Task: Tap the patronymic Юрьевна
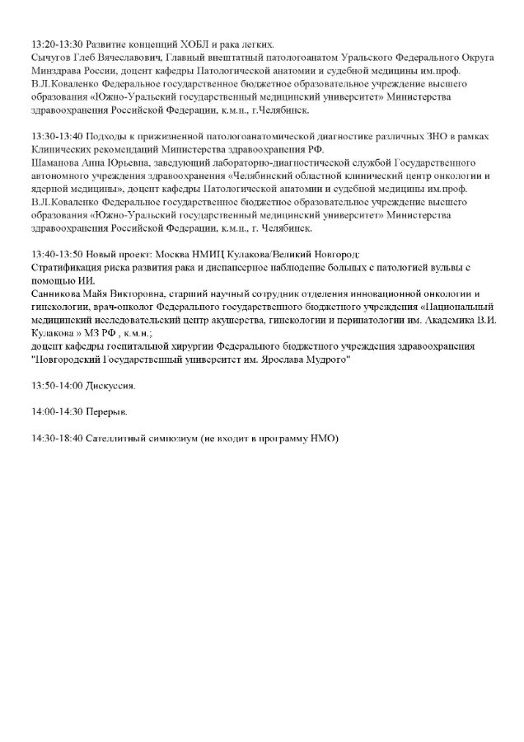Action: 126,162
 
